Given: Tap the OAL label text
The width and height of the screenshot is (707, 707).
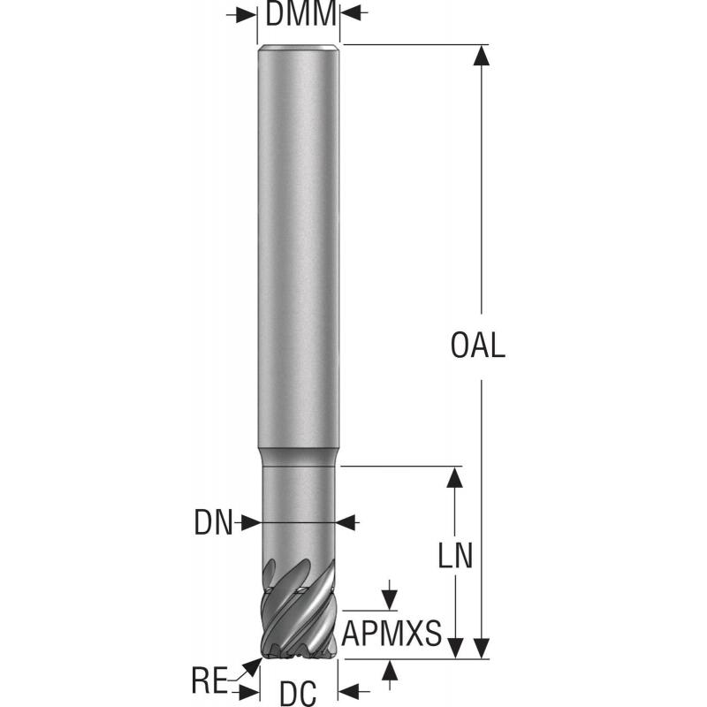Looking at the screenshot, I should tap(478, 346).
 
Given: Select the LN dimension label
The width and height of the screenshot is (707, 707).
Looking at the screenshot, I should tap(456, 556).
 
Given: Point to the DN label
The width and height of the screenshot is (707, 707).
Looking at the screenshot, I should tap(213, 524).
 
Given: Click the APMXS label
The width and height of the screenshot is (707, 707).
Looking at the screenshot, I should tap(392, 634).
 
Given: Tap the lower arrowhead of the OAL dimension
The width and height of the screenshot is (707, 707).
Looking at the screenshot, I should tap(481, 648).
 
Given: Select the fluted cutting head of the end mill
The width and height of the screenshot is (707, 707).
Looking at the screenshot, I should tap(299, 610).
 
